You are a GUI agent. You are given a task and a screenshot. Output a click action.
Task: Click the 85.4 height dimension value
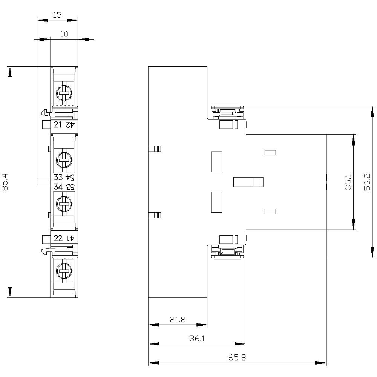coord(5,182)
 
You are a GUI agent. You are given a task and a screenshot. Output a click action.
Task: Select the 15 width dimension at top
coord(57,15)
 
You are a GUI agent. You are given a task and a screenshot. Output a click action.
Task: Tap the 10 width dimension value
coord(64,34)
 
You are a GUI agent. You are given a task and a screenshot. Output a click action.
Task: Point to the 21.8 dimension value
coord(178,320)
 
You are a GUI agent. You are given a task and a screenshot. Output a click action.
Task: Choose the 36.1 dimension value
coord(197,339)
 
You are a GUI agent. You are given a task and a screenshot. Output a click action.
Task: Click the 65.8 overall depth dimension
coord(237,357)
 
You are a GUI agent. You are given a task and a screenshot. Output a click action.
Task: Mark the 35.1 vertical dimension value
coord(348,182)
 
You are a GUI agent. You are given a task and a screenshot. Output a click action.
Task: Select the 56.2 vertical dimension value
coord(367,182)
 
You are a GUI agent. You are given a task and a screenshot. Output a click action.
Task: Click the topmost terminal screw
coord(64,93)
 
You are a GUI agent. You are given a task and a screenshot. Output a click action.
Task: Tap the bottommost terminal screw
coord(64,271)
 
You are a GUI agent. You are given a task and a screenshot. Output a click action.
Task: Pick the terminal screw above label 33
coord(64,159)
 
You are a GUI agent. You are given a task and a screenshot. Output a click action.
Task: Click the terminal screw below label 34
coord(64,204)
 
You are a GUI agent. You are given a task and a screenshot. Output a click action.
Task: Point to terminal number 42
coord(70,125)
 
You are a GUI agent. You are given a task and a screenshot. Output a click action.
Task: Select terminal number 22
coord(58,238)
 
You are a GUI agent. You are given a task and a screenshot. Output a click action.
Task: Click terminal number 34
coord(58,187)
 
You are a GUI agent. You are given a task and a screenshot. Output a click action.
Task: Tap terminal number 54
coord(70,178)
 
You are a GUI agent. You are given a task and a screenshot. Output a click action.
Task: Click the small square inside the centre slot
coord(257,182)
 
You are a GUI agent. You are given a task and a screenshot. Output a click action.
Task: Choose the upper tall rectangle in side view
coord(216,162)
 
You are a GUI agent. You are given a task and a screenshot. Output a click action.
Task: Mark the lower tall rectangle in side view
coord(216,202)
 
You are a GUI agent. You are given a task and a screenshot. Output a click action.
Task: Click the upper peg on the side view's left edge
coord(155,149)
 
